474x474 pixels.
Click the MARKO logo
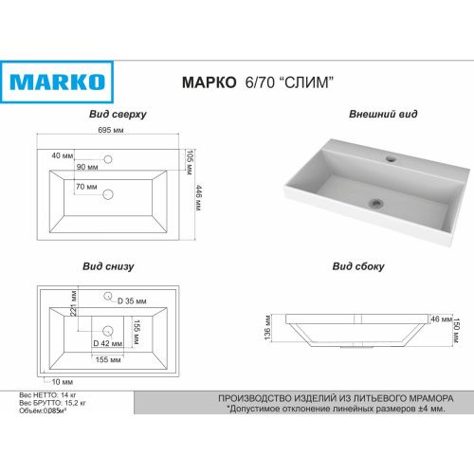tap(57, 82)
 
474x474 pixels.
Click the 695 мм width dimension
tap(111, 130)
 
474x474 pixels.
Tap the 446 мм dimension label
tap(199, 198)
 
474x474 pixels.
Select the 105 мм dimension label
tap(190, 162)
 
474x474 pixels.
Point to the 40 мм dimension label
tap(63, 155)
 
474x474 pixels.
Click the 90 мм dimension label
tap(87, 167)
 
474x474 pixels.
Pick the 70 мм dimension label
tap(86, 187)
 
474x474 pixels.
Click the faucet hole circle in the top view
tap(108, 159)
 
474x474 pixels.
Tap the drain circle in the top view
tap(108, 194)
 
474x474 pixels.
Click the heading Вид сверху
tap(118, 114)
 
